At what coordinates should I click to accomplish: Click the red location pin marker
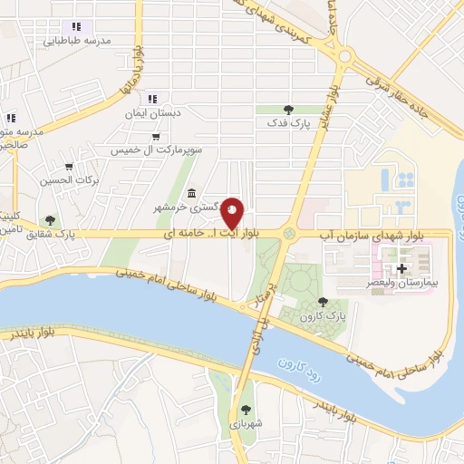point(233,212)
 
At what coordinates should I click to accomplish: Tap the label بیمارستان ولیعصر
point(404,284)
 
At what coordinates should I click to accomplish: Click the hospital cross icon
point(401,269)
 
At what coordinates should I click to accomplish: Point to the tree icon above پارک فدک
point(288,109)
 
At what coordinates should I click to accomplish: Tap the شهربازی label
point(246,423)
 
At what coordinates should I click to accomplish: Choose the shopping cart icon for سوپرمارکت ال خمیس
point(157,137)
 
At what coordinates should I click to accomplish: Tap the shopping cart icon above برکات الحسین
point(69,167)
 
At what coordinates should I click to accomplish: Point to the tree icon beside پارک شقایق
point(50,219)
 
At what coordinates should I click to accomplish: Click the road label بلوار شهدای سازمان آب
point(366,234)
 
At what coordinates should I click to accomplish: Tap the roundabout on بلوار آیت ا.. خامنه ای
point(289,234)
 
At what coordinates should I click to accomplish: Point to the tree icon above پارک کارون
point(323,303)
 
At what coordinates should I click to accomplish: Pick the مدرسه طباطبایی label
point(84,42)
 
